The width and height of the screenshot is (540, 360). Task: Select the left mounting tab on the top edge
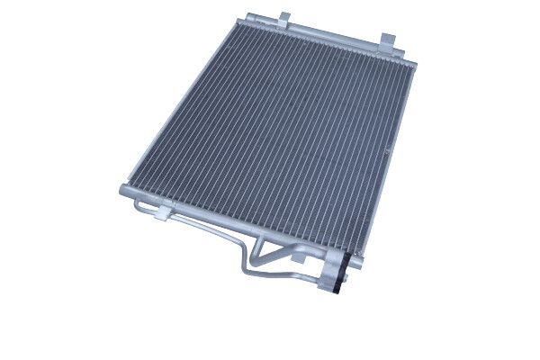[x=284, y=18]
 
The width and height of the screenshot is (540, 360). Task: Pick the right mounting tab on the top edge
[x=388, y=40]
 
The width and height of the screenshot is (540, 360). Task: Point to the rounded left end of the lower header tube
[x=123, y=192]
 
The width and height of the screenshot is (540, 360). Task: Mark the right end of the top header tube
[x=416, y=61]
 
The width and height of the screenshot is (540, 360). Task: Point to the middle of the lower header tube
[x=225, y=220]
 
